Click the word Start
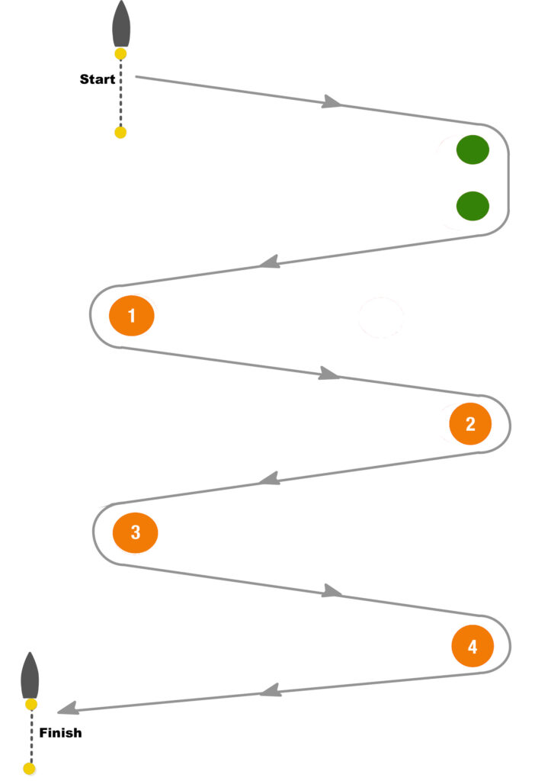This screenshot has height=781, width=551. [98, 79]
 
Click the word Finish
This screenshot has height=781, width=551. [60, 733]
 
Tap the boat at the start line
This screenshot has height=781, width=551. [120, 25]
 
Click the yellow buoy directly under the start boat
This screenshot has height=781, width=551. [120, 53]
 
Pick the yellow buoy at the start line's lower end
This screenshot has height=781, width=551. [120, 133]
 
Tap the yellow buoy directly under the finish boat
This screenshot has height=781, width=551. [30, 705]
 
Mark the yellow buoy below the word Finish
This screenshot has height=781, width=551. [30, 769]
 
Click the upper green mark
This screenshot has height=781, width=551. [473, 149]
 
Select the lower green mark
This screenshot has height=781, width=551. [473, 205]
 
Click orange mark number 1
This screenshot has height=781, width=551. [132, 315]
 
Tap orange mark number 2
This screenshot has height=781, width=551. [469, 423]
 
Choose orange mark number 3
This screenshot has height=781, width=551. [135, 532]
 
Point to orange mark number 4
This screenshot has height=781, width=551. [473, 647]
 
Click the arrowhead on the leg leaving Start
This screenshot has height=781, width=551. [331, 101]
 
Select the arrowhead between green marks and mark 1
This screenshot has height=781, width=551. [267, 263]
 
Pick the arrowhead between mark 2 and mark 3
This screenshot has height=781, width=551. [267, 480]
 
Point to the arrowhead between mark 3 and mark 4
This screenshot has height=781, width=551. [332, 590]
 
